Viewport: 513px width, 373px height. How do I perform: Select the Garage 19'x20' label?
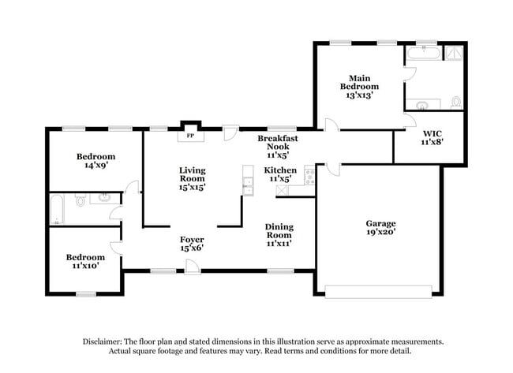[x=380, y=228]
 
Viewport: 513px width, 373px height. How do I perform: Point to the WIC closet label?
[x=432, y=137]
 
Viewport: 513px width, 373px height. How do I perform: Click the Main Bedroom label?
[x=359, y=86]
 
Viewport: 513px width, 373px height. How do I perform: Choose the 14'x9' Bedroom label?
[x=95, y=161]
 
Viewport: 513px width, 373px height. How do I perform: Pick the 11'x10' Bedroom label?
[x=84, y=262]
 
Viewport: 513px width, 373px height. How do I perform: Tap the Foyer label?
[x=192, y=244]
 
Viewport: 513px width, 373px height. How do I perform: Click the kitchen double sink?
[x=248, y=185]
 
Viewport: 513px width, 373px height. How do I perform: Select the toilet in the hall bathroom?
[x=81, y=202]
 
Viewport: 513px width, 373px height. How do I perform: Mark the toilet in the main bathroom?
[x=455, y=102]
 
